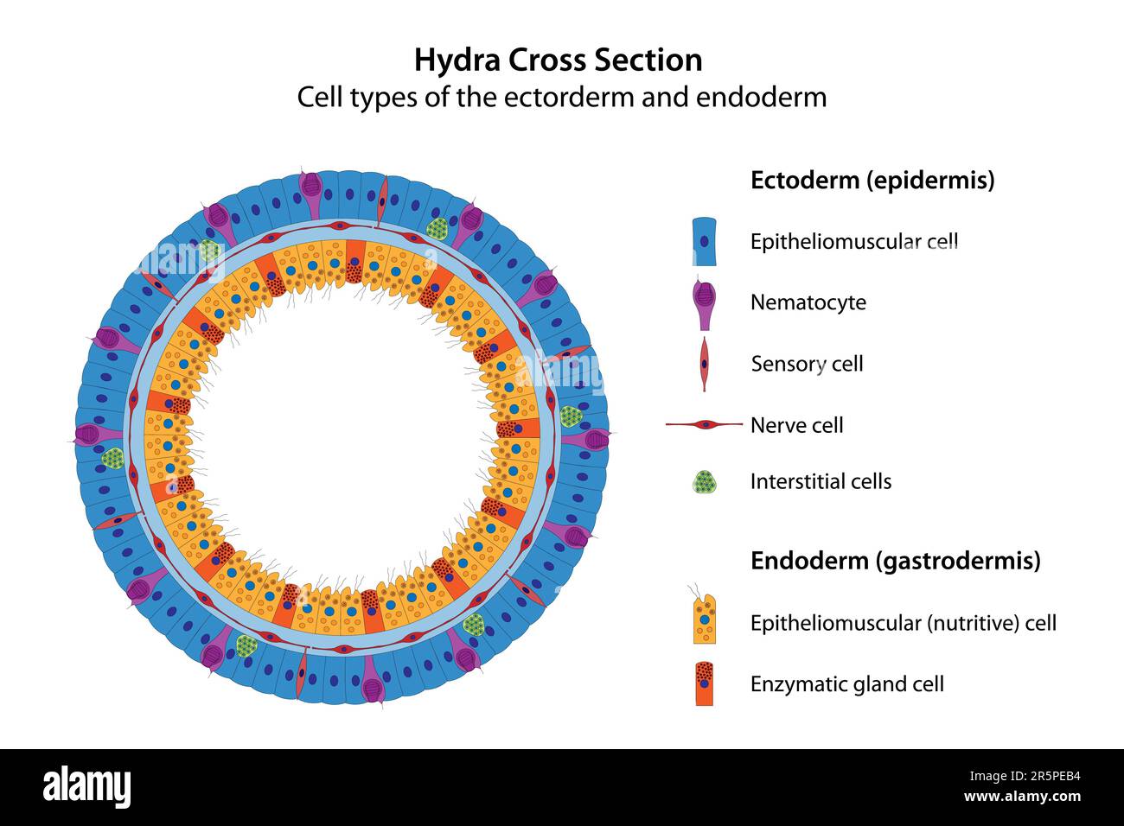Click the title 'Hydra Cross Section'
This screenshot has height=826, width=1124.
click(x=558, y=60)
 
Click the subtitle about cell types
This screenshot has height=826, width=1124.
click(x=562, y=97)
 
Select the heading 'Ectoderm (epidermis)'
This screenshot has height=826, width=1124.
click(x=872, y=181)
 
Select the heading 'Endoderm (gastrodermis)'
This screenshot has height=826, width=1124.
click(x=895, y=561)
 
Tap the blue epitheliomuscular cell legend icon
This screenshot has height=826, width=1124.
click(x=705, y=241)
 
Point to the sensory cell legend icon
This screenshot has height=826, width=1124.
click(x=705, y=364)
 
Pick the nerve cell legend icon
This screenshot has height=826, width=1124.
click(x=705, y=424)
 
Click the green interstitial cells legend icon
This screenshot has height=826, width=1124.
click(x=705, y=482)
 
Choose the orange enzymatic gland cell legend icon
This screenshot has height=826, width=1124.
click(x=705, y=683)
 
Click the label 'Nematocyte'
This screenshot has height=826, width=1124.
click(x=808, y=302)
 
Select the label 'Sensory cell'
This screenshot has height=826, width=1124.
click(x=807, y=364)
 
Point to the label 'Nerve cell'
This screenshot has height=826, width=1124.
click(x=796, y=425)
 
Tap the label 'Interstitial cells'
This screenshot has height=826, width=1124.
click(x=821, y=481)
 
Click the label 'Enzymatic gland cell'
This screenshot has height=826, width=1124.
click(x=846, y=684)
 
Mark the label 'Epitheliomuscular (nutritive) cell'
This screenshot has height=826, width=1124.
click(x=903, y=623)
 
